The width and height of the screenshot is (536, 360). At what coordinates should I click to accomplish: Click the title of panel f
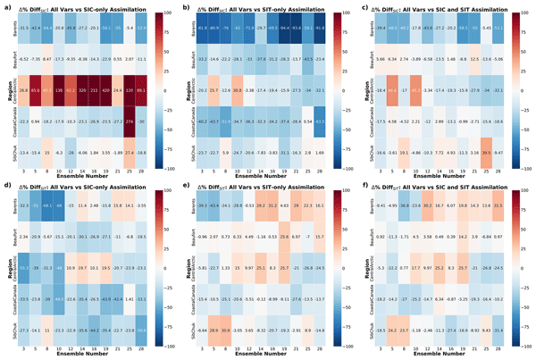click(447, 185)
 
